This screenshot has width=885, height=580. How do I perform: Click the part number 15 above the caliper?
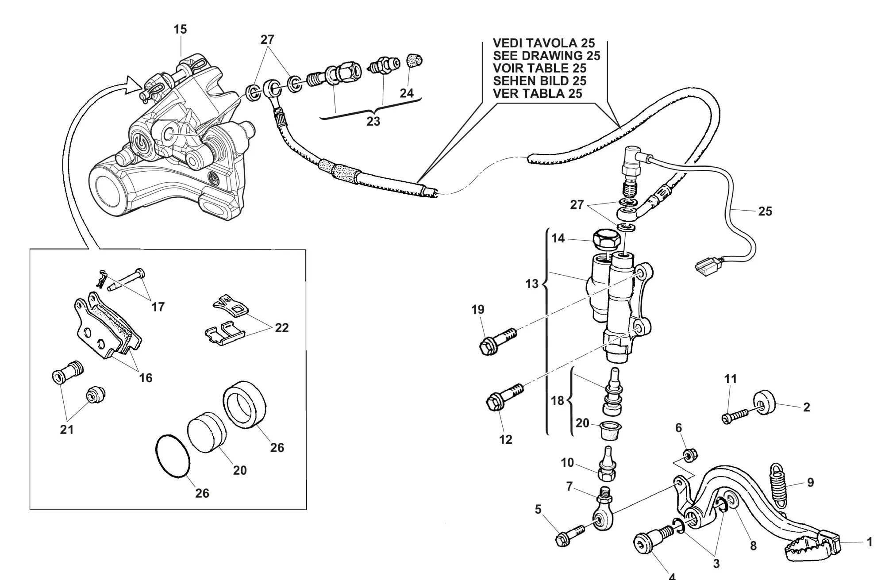point(180,30)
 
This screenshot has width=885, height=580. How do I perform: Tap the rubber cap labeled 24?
point(414,60)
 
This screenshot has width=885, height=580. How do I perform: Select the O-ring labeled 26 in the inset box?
point(173,455)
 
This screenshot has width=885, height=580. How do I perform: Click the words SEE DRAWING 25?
point(546,56)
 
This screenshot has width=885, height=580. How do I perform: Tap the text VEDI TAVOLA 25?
point(544,43)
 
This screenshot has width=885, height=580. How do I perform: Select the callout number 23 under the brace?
point(373,121)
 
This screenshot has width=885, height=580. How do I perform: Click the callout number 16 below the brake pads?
point(146,378)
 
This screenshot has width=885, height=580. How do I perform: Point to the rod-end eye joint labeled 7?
point(602,518)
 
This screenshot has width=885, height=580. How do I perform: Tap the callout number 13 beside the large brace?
point(532,284)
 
